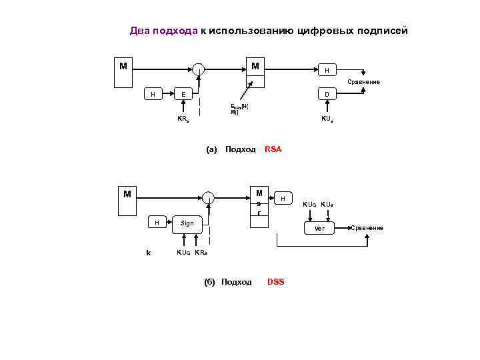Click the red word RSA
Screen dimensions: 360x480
[273, 149]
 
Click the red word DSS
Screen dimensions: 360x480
[275, 282]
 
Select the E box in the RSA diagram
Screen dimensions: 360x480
[183, 95]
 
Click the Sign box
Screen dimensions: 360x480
[187, 223]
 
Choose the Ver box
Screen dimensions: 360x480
[319, 229]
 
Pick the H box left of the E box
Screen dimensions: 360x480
[153, 95]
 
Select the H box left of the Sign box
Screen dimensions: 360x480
[157, 223]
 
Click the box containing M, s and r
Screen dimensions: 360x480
[259, 203]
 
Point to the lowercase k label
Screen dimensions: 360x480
[148, 252]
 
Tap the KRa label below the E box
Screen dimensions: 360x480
[183, 119]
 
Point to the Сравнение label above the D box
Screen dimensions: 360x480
[363, 82]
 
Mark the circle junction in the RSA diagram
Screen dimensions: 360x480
[199, 67]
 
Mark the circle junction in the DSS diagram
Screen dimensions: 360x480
[209, 197]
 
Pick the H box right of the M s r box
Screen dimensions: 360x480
[283, 199]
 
